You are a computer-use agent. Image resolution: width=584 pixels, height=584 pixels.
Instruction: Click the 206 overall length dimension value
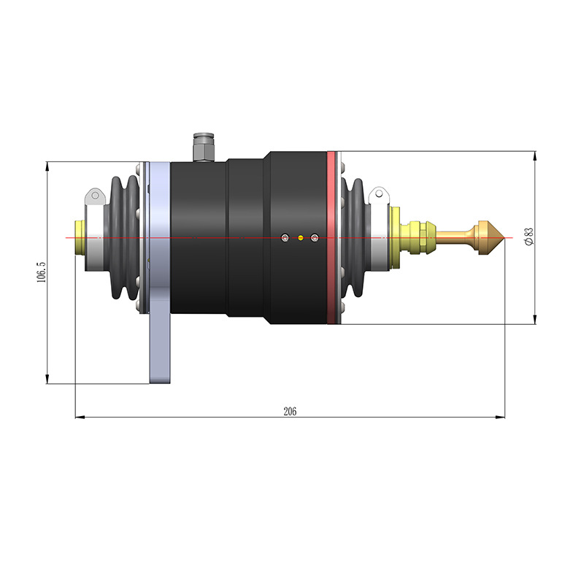pos(290,412)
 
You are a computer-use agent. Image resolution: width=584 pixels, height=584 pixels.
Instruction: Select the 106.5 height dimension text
pos(42,272)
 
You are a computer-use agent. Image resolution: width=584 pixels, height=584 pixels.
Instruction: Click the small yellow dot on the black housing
pos(300,237)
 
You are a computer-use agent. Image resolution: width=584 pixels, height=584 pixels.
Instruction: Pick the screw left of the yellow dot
pos(285,237)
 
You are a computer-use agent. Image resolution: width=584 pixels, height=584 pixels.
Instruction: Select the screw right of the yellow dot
pos(315,237)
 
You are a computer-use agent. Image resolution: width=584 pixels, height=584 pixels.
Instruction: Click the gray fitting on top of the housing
pos(203,147)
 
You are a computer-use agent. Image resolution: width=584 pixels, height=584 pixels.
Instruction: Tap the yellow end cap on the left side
pos(78,237)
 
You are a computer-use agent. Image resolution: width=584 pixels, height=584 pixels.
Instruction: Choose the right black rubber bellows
pos(356,237)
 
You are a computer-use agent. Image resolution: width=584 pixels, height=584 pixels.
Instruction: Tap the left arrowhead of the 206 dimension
pos(80,418)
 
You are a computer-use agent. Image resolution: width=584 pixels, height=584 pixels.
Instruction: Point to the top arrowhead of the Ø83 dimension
pos(535,155)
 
